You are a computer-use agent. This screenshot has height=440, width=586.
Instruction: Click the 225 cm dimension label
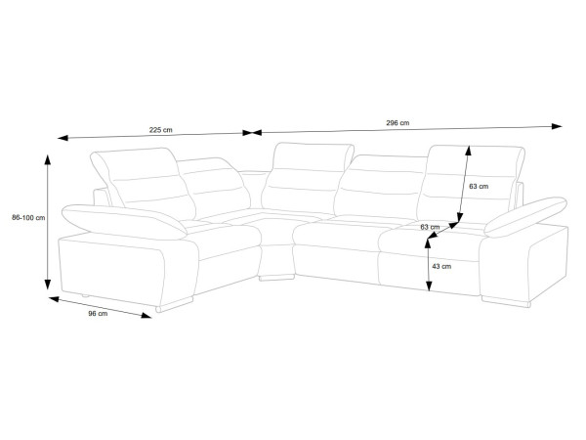161,130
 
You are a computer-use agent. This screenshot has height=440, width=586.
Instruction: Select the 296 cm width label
398,123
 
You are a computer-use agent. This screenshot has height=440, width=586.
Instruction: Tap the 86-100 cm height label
28,217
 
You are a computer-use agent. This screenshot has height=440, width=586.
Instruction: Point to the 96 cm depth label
98,313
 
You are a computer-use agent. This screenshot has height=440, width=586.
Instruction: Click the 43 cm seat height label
441,266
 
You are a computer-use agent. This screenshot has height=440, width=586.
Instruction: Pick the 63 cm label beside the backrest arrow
479,187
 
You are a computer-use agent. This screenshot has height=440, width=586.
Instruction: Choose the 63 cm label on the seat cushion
430,227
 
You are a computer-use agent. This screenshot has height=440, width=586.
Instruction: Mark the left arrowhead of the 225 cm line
63,138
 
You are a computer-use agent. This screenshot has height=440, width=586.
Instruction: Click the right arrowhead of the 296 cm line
557,126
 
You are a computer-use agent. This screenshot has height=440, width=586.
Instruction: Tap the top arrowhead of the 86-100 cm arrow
48,159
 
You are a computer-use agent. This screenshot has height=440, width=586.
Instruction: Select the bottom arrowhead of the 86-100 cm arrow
48,285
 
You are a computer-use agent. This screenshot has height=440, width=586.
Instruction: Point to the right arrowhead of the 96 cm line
146,316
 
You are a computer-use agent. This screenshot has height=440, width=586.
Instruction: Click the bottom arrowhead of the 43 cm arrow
429,286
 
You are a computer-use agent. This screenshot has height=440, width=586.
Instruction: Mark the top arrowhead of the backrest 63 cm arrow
468,151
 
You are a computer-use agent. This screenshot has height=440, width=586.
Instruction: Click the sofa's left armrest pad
124,222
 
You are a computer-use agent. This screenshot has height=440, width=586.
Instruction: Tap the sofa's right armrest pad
525,217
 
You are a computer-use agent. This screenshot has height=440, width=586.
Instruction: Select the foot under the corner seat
276,278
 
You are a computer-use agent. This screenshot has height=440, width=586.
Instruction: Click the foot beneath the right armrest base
506,301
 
